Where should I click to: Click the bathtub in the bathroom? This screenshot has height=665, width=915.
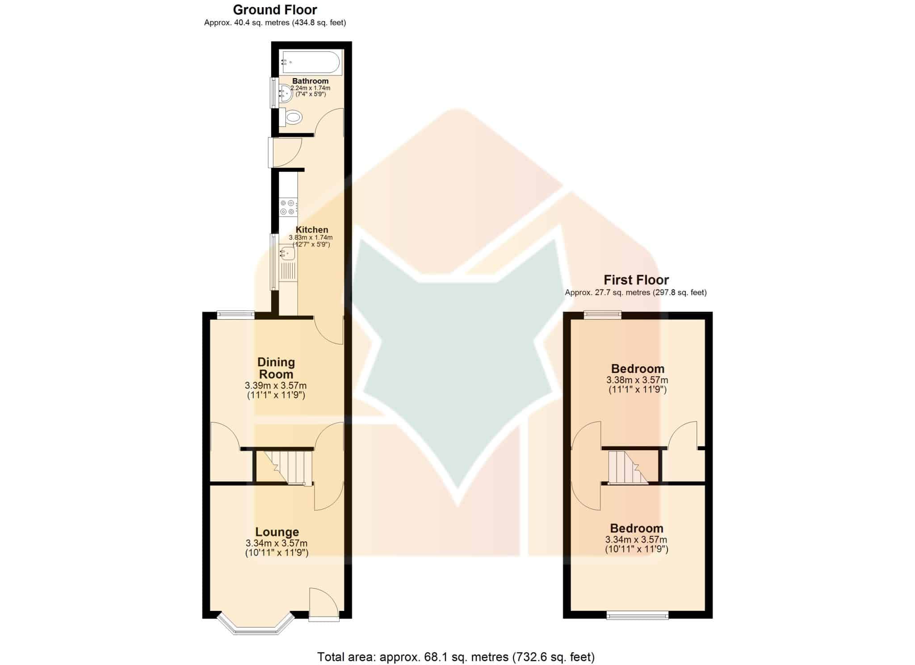tap(311, 63)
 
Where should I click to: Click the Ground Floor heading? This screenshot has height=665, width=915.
tap(275, 9)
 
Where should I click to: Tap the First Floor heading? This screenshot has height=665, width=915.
tap(636, 280)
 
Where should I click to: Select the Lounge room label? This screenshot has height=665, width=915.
tap(277, 532)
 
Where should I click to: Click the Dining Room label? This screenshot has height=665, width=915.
tap(276, 368)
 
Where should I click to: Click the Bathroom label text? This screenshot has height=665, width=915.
tap(310, 81)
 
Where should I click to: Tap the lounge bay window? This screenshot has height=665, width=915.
tap(256, 624)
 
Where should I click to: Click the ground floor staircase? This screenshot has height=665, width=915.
tap(286, 467)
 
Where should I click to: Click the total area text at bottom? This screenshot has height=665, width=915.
tap(456, 657)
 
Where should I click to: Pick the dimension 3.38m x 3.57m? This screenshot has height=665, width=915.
tap(637, 380)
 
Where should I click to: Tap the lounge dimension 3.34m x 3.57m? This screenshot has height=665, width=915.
tap(277, 543)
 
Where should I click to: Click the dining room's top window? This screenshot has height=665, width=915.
tap(236, 315)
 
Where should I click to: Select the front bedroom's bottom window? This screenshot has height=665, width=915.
tap(638, 615)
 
